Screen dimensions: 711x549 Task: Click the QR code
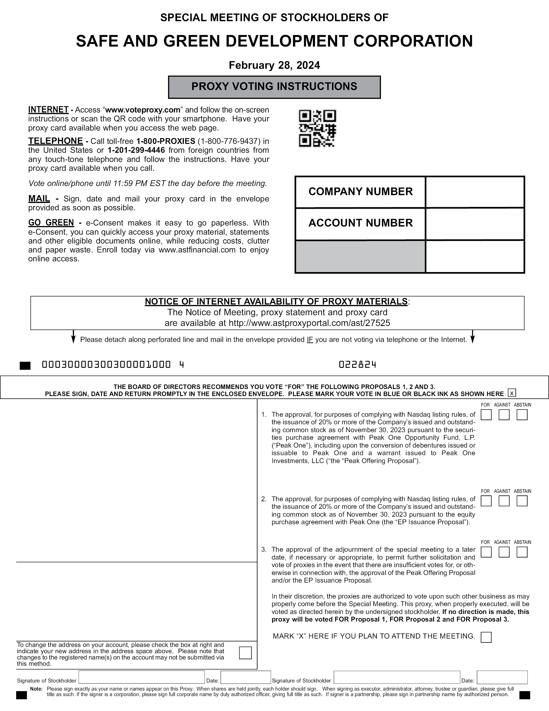tap(317, 129)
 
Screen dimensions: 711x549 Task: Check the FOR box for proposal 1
tap(486, 415)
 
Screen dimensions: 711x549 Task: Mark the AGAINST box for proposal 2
tap(504, 501)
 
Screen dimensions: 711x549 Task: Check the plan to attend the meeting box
tap(486, 637)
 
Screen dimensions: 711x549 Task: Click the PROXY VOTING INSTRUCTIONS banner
tap(274, 87)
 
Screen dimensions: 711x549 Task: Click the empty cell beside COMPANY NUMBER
tap(474, 192)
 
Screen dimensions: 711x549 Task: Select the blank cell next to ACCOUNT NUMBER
tap(474, 224)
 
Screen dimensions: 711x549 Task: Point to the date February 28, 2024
tap(274, 65)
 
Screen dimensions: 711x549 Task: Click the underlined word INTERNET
tap(48, 110)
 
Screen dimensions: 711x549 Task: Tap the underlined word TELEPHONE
tap(55, 141)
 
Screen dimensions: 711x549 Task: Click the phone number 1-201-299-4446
tap(136, 150)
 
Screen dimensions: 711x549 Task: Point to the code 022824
tap(357, 365)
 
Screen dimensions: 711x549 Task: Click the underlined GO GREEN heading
tap(51, 223)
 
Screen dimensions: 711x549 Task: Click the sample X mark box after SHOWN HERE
tap(512, 393)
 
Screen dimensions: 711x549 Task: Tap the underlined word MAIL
tap(39, 199)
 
